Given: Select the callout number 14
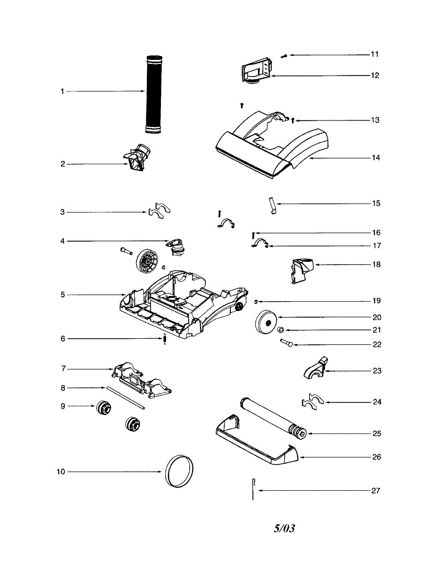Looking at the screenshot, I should (x=375, y=158).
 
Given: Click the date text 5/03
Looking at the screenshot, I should (x=284, y=528).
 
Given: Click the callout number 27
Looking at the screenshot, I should (x=375, y=491).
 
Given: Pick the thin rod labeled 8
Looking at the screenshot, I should (x=125, y=398).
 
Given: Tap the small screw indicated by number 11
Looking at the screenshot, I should (x=284, y=56).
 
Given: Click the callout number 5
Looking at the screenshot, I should (x=62, y=295).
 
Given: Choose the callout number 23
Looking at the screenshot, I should (x=377, y=371).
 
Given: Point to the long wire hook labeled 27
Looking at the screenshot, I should (x=253, y=489).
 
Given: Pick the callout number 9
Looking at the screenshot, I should (x=62, y=406).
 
